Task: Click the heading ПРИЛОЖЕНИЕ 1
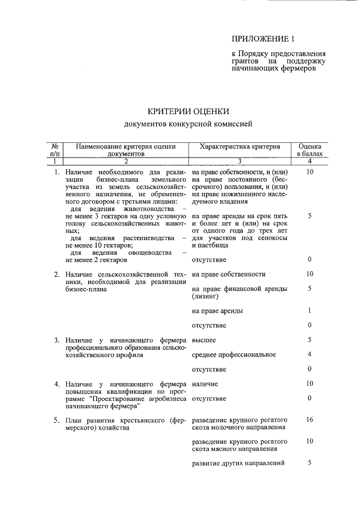coord(263,39)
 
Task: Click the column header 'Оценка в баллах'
coord(310,149)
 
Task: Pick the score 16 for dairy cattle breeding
coord(310,420)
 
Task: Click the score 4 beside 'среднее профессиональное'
coord(310,354)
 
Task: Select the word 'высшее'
coord(204,340)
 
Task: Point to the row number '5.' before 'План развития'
coord(57,421)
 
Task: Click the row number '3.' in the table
coord(57,340)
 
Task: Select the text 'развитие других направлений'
coord(238,463)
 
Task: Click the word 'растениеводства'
coord(147,238)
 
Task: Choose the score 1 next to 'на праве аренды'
coord(310,311)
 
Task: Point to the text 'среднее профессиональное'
coord(233,354)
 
